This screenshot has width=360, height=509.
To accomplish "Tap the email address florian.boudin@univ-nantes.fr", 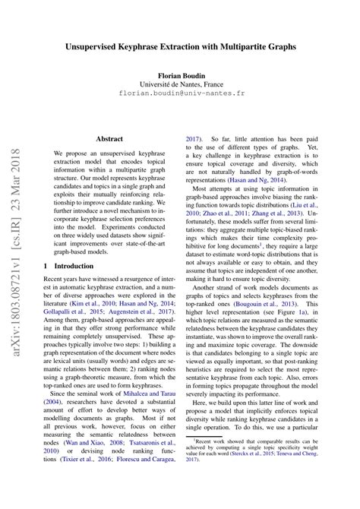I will pyautogui.click(x=180, y=96).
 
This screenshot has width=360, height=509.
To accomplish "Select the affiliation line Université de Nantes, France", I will pyautogui.click(x=180, y=87).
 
